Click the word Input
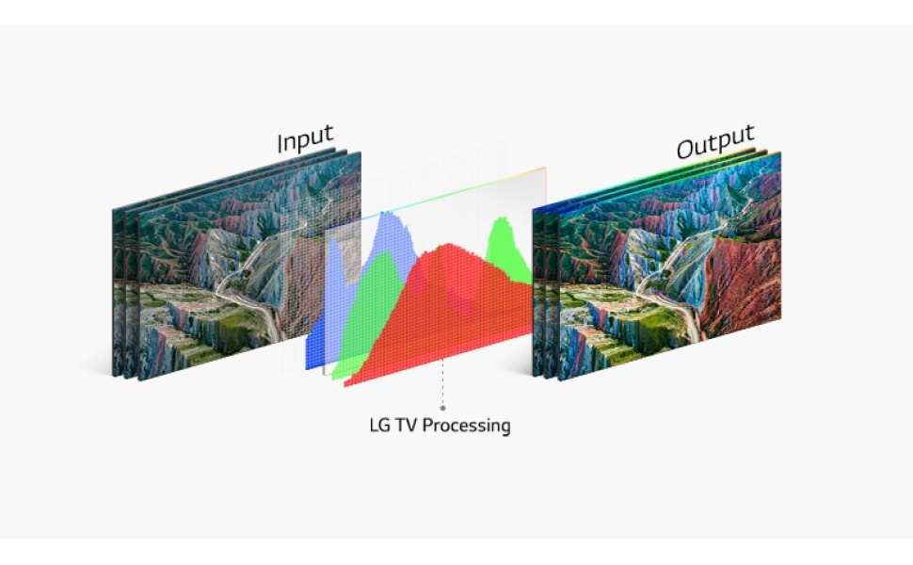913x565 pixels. point(304,139)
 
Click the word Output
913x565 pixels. point(714,142)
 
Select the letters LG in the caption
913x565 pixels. point(379,426)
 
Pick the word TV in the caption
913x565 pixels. point(406,426)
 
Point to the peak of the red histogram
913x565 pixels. point(451,248)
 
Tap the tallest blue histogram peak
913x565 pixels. point(387,218)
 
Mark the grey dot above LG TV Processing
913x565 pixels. point(442,409)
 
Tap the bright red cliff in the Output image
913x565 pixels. point(744,282)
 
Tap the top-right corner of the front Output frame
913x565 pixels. point(780,153)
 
